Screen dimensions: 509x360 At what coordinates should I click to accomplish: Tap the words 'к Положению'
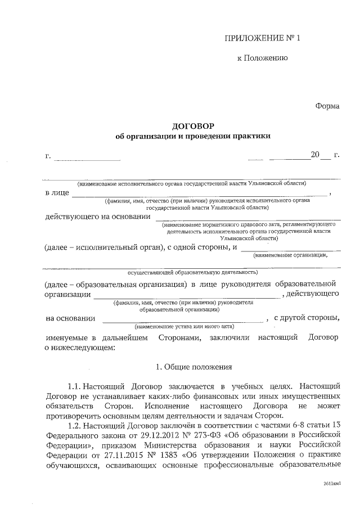click(x=263, y=58)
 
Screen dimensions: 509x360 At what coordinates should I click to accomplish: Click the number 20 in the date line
click(x=314, y=155)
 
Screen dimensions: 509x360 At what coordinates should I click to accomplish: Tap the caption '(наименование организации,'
click(x=298, y=255)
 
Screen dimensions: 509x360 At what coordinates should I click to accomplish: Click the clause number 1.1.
click(x=75, y=387)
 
